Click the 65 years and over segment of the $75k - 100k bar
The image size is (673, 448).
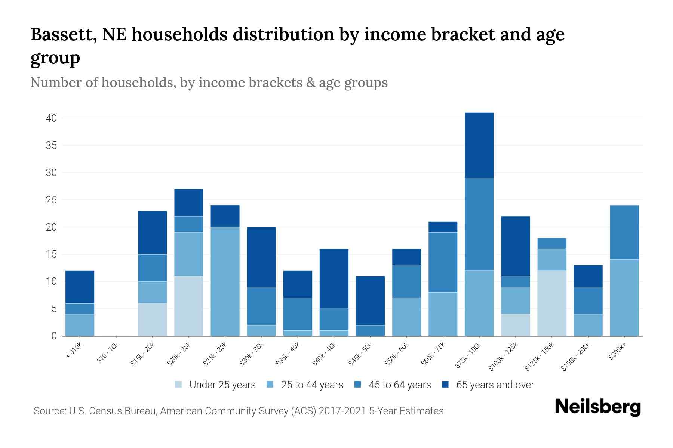click(x=479, y=145)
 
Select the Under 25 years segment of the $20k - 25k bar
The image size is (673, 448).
click(x=189, y=306)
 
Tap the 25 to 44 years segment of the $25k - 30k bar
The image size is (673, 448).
click(x=225, y=281)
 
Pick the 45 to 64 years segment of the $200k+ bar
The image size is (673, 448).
click(x=624, y=232)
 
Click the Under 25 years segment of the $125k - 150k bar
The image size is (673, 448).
click(x=551, y=303)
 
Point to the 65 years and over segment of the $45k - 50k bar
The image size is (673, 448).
click(x=370, y=301)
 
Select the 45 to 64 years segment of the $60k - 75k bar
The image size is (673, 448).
click(x=443, y=262)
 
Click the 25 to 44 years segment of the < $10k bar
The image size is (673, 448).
click(x=80, y=325)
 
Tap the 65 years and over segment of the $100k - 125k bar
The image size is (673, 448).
click(x=515, y=246)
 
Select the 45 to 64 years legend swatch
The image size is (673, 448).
click(x=358, y=385)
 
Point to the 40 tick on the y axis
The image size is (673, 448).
click(x=51, y=118)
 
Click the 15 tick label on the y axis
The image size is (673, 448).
click(x=51, y=255)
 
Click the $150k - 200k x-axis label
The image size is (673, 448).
click(x=576, y=357)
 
